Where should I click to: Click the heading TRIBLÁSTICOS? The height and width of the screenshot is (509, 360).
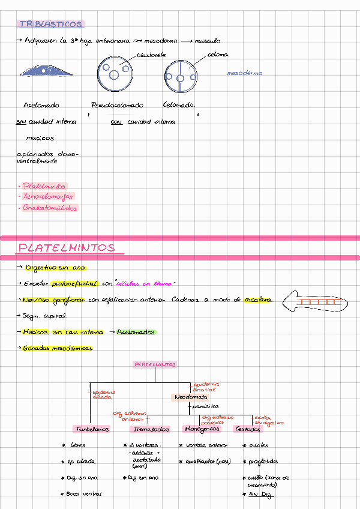click(x=51, y=25)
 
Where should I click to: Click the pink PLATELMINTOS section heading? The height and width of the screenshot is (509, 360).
click(x=67, y=248)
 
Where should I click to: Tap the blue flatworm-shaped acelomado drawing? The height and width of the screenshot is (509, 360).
click(x=47, y=71)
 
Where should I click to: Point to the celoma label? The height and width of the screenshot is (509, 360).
click(x=217, y=55)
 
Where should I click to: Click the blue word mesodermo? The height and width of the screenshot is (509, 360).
click(x=244, y=73)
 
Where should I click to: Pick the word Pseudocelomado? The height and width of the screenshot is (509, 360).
click(x=117, y=105)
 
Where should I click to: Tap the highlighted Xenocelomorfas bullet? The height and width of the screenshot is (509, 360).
click(x=47, y=196)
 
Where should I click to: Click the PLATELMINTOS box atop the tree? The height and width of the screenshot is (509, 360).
click(x=155, y=364)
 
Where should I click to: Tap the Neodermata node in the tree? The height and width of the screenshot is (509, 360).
click(x=191, y=397)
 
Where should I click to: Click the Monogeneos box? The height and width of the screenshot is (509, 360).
click(x=202, y=429)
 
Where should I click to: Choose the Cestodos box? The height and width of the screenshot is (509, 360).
click(x=248, y=429)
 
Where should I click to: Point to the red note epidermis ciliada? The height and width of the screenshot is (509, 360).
click(x=103, y=394)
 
